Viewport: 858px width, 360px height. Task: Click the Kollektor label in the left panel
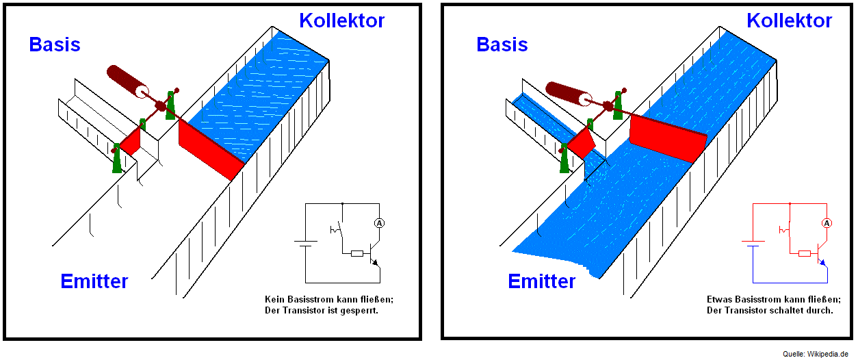(x=342, y=21)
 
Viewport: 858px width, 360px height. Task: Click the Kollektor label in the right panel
(x=790, y=21)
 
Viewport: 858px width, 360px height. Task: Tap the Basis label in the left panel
(x=55, y=45)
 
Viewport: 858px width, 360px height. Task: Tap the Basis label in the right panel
(x=502, y=45)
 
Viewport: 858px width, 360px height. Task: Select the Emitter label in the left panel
(x=94, y=281)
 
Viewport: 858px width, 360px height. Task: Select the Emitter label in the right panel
(x=542, y=281)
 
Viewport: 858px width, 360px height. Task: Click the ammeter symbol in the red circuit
(x=826, y=223)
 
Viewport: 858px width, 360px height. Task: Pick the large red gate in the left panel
(x=209, y=149)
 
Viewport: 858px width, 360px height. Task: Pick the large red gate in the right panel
(x=666, y=139)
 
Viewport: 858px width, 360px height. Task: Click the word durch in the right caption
(x=819, y=311)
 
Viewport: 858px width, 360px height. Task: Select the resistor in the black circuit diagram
(x=357, y=253)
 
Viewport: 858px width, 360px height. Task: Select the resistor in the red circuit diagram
(x=805, y=253)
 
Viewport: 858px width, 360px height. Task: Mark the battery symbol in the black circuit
(x=305, y=243)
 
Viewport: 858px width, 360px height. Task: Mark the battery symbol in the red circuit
(x=753, y=243)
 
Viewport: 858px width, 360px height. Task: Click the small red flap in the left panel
(x=131, y=142)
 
